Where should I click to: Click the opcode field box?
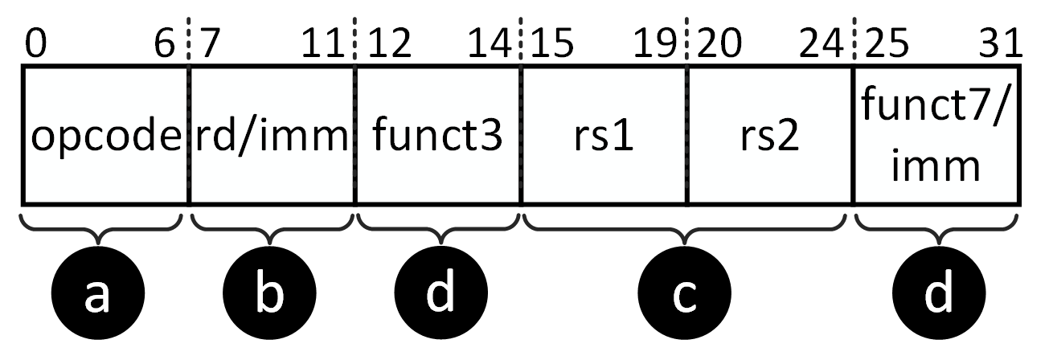(x=104, y=136)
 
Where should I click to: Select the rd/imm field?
(x=271, y=136)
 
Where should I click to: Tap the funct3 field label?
(x=438, y=136)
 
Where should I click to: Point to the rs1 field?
(x=604, y=136)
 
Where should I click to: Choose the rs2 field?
(x=769, y=136)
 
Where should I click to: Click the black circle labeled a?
(x=97, y=295)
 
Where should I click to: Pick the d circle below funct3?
(x=440, y=295)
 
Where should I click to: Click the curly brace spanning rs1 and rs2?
(x=685, y=228)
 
